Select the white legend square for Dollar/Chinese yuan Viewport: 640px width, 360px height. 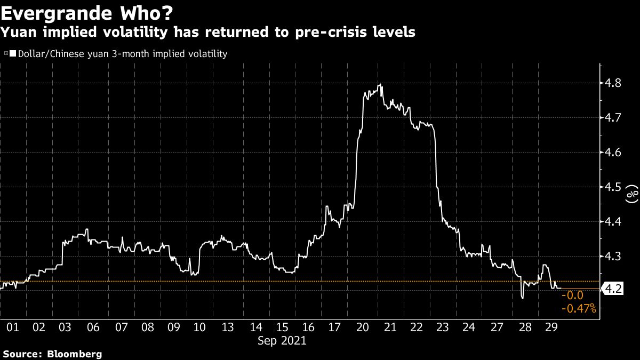[x=13, y=54]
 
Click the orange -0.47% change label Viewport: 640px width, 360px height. [x=579, y=308]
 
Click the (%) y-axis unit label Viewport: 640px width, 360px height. [x=633, y=194]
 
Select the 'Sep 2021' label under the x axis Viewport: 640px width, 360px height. [x=282, y=340]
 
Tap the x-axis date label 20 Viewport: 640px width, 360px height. [x=363, y=327]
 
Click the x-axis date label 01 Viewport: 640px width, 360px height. [x=13, y=327]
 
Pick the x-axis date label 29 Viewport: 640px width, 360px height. [x=551, y=327]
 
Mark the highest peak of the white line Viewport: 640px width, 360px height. [x=380, y=84]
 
